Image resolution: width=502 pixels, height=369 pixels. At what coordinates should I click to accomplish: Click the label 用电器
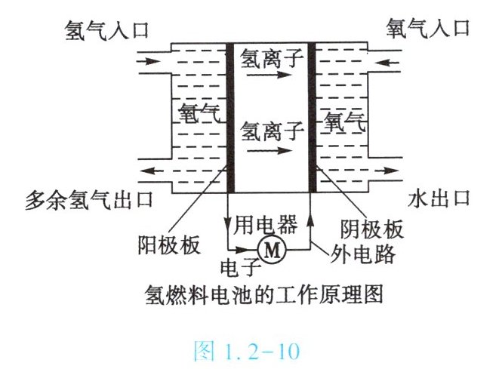(270, 223)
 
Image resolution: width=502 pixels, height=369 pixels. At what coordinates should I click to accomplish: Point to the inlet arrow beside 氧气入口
(387, 57)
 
